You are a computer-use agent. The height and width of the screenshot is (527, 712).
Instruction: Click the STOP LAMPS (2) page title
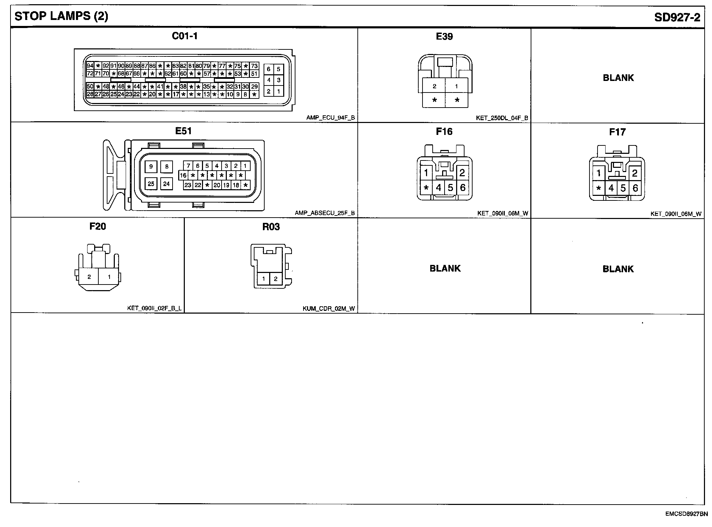(x=61, y=16)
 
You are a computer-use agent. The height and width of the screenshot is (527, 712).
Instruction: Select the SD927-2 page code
(x=677, y=17)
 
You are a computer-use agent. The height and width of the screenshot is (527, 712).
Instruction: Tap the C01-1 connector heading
(x=184, y=36)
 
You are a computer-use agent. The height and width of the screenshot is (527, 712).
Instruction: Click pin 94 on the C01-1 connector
(x=90, y=66)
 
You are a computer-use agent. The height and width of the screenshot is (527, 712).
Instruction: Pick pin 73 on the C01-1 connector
(x=254, y=66)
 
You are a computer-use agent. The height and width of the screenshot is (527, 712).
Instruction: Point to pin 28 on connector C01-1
(x=90, y=94)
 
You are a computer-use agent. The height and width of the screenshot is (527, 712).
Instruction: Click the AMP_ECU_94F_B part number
(x=330, y=118)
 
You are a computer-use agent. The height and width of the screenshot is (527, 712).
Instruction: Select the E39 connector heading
(x=444, y=36)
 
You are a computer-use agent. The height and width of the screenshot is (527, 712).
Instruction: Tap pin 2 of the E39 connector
(x=434, y=86)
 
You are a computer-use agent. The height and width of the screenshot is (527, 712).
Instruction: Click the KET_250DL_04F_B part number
(x=502, y=118)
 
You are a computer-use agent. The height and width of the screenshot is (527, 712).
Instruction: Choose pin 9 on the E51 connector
(x=151, y=166)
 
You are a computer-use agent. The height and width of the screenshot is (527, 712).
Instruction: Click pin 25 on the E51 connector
(x=151, y=184)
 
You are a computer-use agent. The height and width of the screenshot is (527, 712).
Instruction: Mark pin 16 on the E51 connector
(x=183, y=175)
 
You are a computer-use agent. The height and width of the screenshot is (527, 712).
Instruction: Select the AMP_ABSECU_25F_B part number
(x=324, y=213)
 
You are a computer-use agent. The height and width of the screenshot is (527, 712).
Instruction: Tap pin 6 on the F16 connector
(x=463, y=188)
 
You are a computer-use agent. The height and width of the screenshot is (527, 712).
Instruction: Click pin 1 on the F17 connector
(x=599, y=173)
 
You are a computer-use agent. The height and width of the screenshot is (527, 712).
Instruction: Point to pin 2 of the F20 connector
(x=89, y=277)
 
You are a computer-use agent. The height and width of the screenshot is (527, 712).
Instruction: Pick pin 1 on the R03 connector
(x=263, y=279)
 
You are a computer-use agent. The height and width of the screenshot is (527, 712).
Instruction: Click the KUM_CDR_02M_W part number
(x=329, y=309)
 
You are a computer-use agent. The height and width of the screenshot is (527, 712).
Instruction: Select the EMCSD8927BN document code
(x=686, y=514)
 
